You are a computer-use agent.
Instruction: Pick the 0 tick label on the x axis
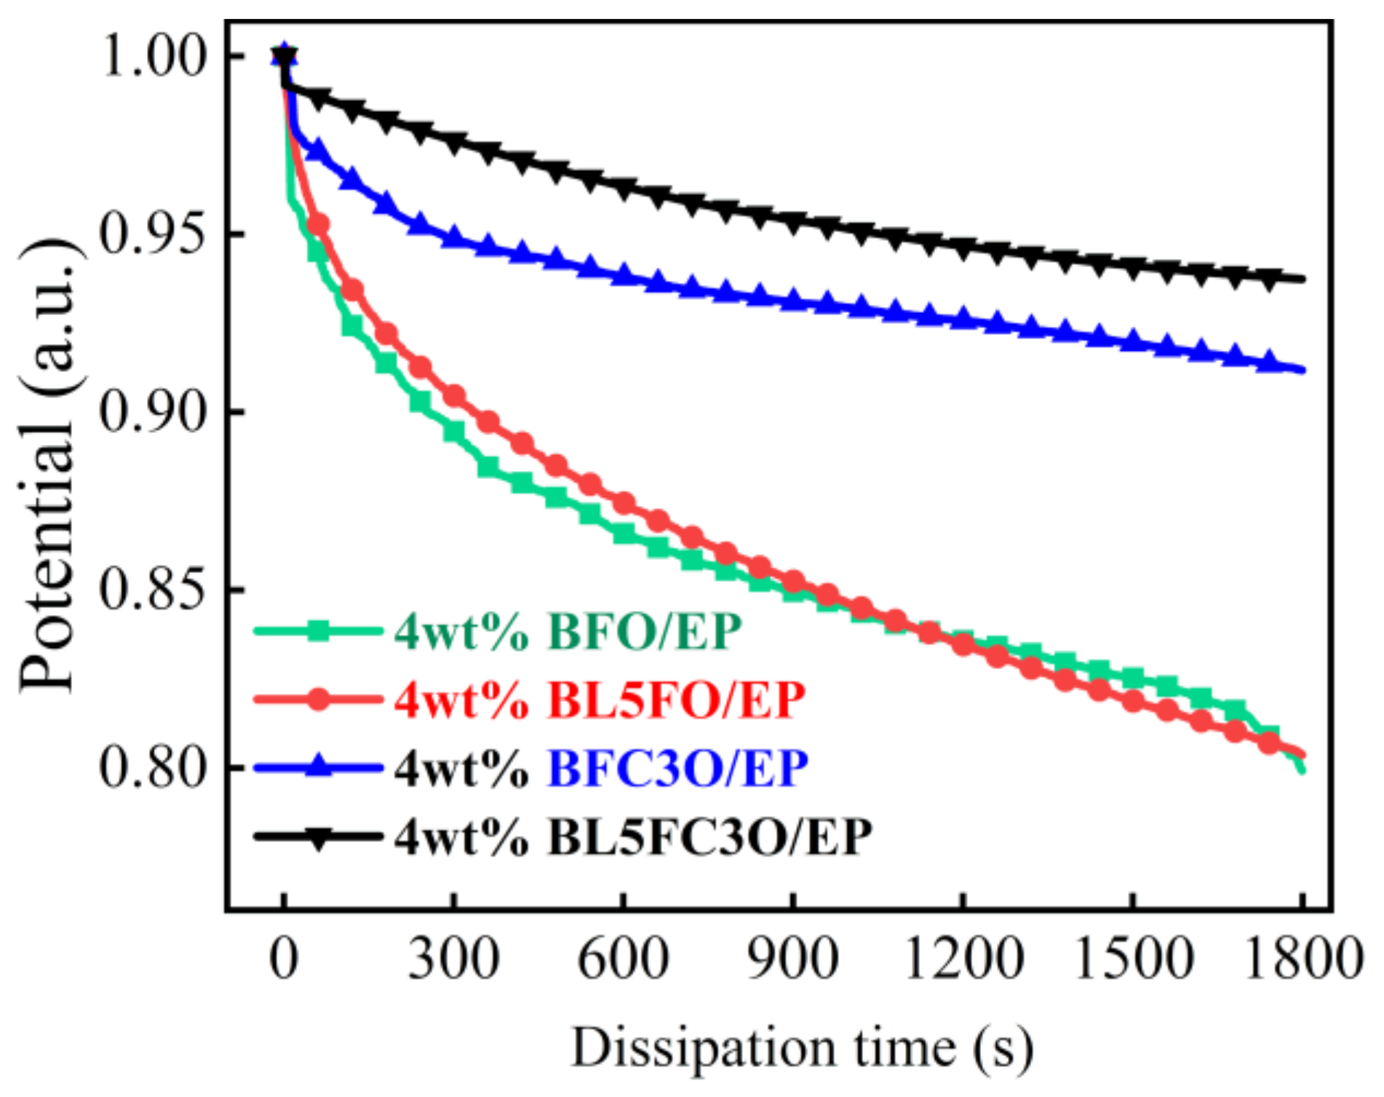point(284,959)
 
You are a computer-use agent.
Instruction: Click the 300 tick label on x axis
point(453,959)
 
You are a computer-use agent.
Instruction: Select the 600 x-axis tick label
point(623,959)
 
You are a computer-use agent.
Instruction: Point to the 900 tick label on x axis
point(793,959)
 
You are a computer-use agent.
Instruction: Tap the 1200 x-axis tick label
point(963,959)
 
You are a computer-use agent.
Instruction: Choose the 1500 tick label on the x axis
point(1132,959)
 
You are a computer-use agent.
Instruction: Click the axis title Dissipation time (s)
point(801,1049)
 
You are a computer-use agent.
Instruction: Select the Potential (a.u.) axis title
point(48,466)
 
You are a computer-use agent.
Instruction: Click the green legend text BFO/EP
point(644,631)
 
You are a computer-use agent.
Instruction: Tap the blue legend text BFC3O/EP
point(677,768)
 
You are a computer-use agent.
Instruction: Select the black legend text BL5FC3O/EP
point(709,837)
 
